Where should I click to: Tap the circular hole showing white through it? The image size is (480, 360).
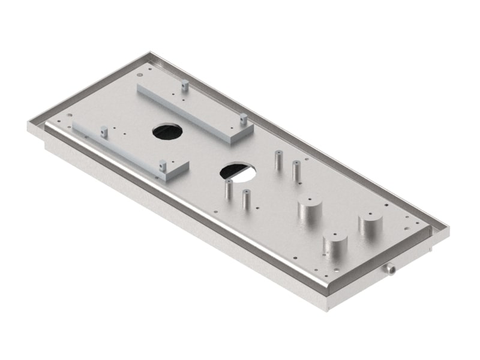238,172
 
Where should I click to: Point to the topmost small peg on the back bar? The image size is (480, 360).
185,86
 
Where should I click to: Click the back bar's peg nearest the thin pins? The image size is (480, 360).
244,118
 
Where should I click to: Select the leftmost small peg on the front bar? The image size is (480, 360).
104,130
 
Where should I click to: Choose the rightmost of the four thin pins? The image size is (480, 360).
295,170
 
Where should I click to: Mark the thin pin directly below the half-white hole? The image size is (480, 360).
229,189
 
